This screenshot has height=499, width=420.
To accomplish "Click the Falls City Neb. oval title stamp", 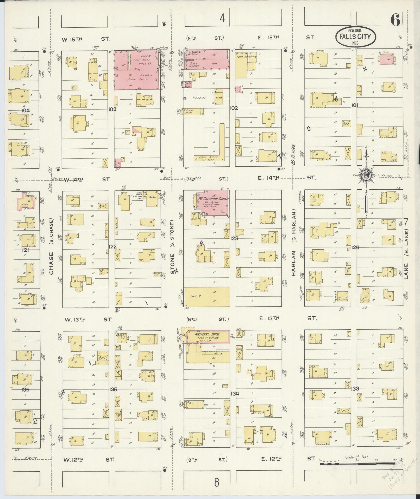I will click(356, 37).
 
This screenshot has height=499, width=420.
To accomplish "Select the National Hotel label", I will click(208, 334).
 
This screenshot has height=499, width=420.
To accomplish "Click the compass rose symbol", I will click(366, 176).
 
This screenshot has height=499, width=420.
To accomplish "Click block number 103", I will click(112, 109).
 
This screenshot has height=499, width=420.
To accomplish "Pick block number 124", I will click(355, 247).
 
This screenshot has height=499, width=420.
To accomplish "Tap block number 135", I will click(113, 390).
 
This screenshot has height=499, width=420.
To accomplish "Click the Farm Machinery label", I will click(247, 57).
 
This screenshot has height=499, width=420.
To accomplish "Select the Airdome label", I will click(198, 98).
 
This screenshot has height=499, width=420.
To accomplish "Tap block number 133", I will click(355, 389).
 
